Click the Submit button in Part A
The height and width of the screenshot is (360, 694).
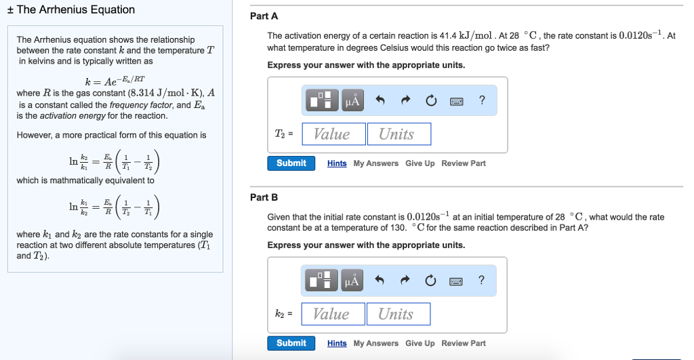[291, 163]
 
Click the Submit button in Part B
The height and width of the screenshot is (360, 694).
[291, 343]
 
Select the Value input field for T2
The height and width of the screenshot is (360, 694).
[332, 134]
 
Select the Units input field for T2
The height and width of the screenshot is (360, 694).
[399, 134]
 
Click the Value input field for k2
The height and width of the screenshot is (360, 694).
[332, 314]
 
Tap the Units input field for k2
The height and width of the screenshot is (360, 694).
[399, 314]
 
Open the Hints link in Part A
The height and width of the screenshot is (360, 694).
[337, 163]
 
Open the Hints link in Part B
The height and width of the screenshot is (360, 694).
[337, 343]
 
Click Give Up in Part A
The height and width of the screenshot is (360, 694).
[420, 163]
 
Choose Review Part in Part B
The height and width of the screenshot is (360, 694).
[464, 343]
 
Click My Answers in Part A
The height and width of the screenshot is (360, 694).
[376, 163]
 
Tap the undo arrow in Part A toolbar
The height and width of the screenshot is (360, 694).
[380, 101]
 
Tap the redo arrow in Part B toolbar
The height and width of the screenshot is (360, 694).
[405, 281]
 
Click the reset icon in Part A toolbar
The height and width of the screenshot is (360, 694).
[430, 101]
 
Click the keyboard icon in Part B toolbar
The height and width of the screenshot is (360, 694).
[456, 281]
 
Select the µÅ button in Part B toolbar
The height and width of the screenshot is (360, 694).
[352, 281]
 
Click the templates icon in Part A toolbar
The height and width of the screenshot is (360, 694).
[323, 101]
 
